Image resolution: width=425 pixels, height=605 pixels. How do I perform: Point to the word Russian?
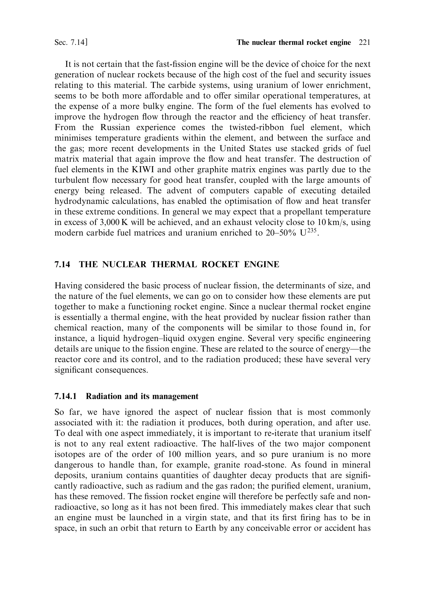tap(115, 127)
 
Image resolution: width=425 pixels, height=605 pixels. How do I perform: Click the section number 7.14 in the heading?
tap(62, 264)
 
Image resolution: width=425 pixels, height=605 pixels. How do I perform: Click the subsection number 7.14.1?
tap(65, 396)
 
